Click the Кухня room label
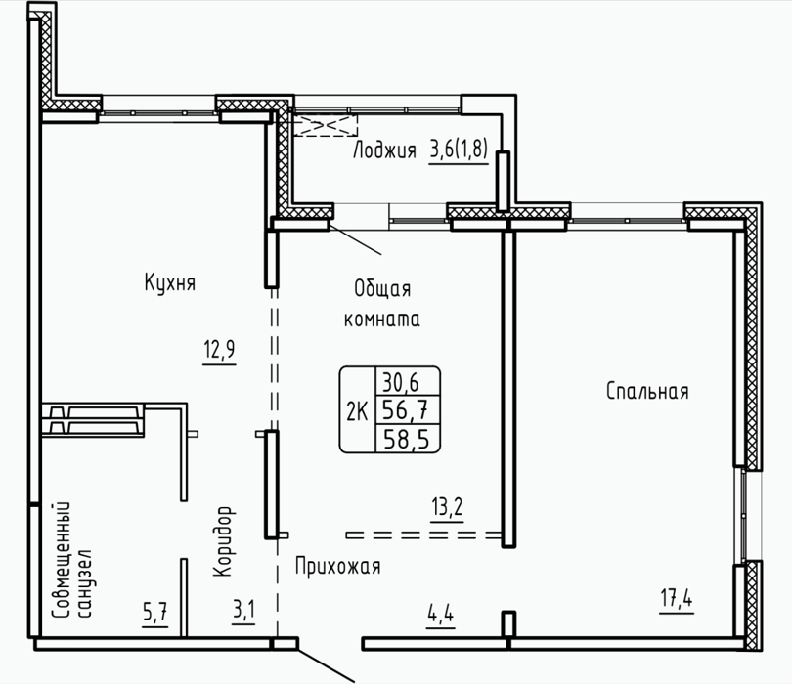[x=170, y=281]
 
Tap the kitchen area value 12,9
[x=219, y=349]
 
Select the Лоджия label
[x=384, y=150]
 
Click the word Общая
[x=382, y=288]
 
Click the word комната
[x=382, y=319]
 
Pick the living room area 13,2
[x=447, y=507]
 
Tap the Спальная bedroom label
[x=647, y=391]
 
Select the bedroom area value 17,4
[x=677, y=599]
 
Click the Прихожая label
[x=338, y=567]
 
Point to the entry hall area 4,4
[x=440, y=615]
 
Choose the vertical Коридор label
[x=224, y=541]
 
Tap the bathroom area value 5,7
[x=155, y=613]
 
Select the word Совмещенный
[x=63, y=560]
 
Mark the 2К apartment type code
[x=357, y=412]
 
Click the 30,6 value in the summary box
[x=401, y=382]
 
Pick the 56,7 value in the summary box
[x=406, y=409]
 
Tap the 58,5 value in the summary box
[x=407, y=438]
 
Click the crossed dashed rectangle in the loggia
[x=326, y=125]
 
